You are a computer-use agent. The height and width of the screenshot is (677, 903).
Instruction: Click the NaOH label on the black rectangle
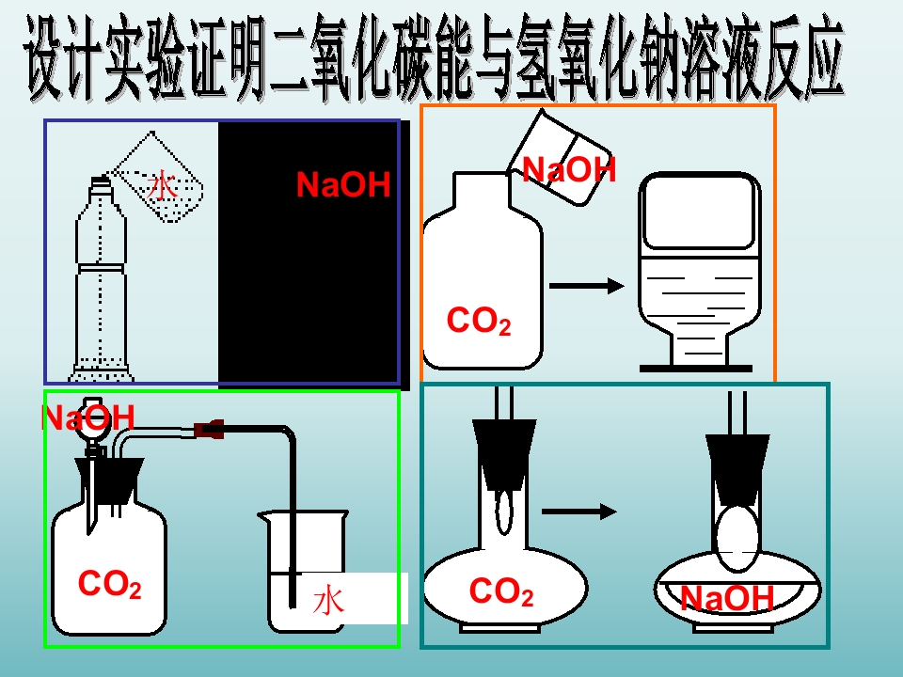[x=342, y=185]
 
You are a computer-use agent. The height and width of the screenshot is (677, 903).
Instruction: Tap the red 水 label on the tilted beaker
[x=162, y=184]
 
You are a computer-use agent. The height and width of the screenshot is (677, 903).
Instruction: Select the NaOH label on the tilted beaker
[x=568, y=169]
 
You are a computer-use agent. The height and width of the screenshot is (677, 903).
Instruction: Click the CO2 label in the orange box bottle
[x=478, y=322]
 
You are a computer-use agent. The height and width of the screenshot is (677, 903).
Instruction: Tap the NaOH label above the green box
[x=88, y=417]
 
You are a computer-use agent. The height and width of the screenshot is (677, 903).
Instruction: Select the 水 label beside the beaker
[x=328, y=600]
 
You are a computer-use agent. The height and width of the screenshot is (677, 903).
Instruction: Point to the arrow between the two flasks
[x=579, y=512]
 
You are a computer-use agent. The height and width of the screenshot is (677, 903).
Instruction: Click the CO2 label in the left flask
[x=500, y=592]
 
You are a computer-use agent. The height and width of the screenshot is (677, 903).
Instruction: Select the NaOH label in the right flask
[x=726, y=598]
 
